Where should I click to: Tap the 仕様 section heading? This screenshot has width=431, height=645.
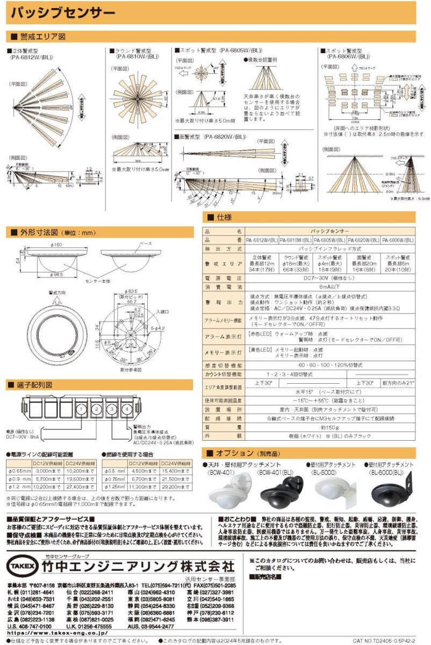click(x=225, y=217)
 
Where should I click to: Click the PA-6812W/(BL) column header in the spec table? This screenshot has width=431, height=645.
click(x=262, y=241)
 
